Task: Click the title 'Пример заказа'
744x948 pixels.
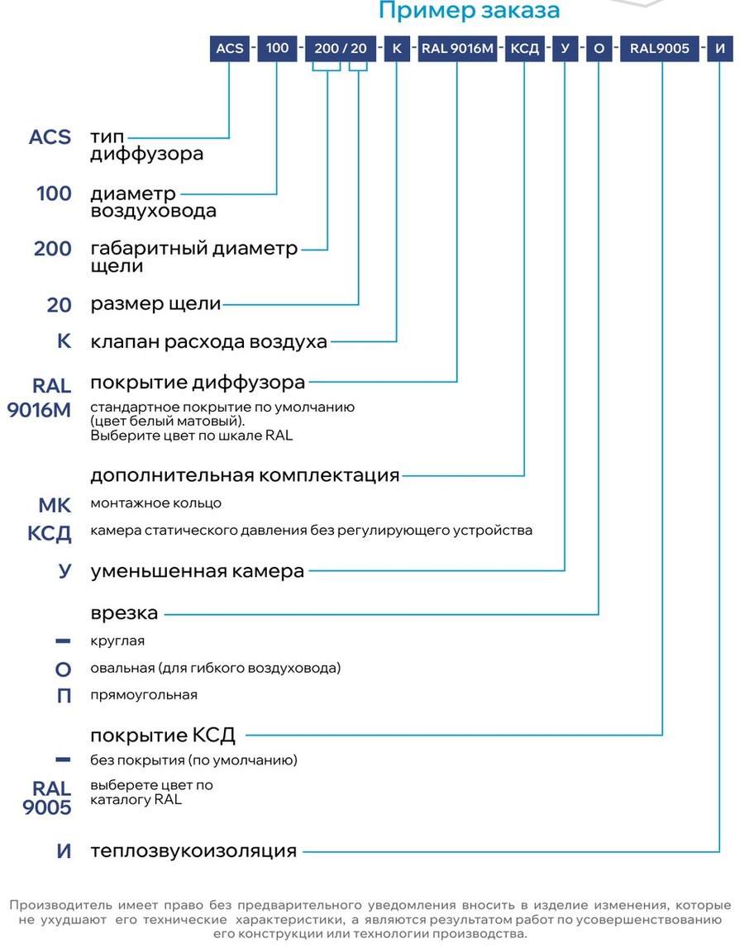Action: (469, 10)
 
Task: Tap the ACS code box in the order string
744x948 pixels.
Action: (230, 49)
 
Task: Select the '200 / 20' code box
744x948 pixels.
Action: (341, 49)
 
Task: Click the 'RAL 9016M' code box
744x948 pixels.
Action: (457, 49)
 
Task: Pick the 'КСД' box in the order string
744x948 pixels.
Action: (524, 49)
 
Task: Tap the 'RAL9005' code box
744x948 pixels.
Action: (660, 49)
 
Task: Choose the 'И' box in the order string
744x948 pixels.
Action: (720, 49)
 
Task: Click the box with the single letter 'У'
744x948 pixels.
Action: (565, 49)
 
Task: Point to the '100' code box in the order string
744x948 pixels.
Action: (277, 49)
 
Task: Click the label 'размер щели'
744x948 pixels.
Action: (155, 303)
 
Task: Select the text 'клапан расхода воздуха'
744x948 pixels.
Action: (208, 341)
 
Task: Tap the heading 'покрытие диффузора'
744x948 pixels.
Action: (198, 383)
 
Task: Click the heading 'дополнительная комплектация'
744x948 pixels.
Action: (245, 475)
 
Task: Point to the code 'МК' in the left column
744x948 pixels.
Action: (55, 505)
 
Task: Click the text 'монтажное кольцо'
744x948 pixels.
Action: (156, 503)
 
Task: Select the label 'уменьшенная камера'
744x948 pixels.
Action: (198, 571)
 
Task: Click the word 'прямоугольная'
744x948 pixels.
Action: (144, 695)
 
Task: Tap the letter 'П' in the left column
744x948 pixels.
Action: (64, 696)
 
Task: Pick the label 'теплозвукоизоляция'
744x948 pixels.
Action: (193, 851)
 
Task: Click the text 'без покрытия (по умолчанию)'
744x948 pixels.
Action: (193, 760)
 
